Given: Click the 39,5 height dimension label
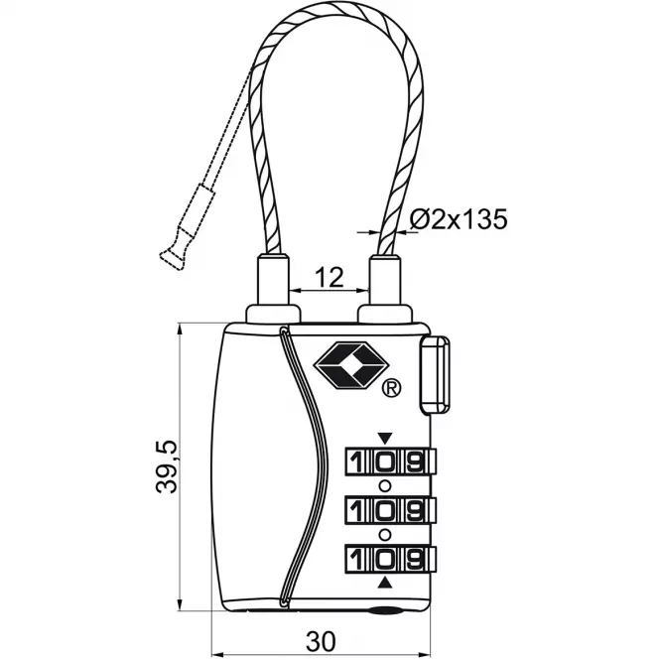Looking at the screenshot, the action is (167, 466).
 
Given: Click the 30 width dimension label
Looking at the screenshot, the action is (321, 641).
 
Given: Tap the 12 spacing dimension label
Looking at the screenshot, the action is (330, 277).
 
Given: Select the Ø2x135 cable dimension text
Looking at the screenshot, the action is (459, 219).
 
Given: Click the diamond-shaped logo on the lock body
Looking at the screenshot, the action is (350, 365).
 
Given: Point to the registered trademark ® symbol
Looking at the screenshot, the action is (391, 388).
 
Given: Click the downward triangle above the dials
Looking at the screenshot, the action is (385, 438).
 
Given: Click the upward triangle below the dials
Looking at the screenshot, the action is (385, 583).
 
